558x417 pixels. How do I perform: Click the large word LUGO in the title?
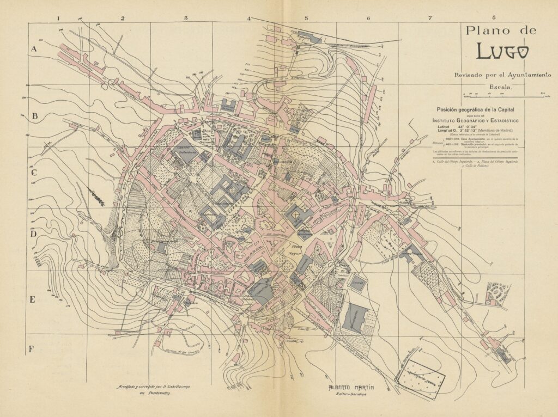[502, 51]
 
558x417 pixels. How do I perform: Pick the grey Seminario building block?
[357, 317]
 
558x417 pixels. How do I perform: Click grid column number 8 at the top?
[493, 18]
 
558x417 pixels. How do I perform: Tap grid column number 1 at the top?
[58, 18]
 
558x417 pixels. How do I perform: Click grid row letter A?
[33, 49]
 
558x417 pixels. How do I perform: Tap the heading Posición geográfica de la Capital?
[476, 109]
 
